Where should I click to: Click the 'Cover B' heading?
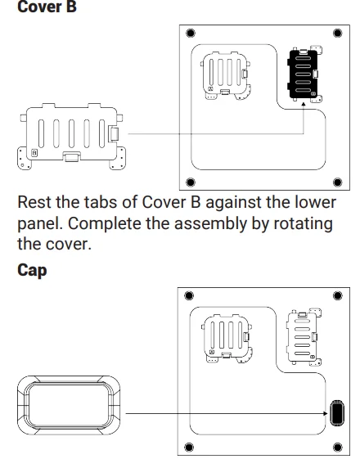click(x=47, y=7)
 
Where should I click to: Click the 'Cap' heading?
click(x=32, y=271)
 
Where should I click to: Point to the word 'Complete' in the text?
click(x=105, y=224)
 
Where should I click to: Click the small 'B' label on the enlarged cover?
click(x=34, y=153)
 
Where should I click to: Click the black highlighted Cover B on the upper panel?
click(x=304, y=74)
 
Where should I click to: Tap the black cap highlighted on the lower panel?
click(x=337, y=412)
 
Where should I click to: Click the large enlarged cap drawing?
click(x=69, y=406)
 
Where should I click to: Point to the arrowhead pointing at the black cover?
click(x=304, y=104)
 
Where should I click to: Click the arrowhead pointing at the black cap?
click(x=326, y=413)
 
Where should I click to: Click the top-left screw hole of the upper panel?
click(x=191, y=33)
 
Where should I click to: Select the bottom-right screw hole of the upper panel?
click(x=337, y=182)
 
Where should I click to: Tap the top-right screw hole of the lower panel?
click(x=337, y=295)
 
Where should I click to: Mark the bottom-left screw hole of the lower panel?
click(x=189, y=447)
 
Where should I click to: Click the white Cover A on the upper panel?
click(x=226, y=76)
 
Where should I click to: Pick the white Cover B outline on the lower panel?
click(x=304, y=336)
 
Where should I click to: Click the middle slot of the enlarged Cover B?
click(x=71, y=133)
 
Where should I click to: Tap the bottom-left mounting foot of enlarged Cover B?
click(x=24, y=158)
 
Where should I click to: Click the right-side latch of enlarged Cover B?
click(x=114, y=133)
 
